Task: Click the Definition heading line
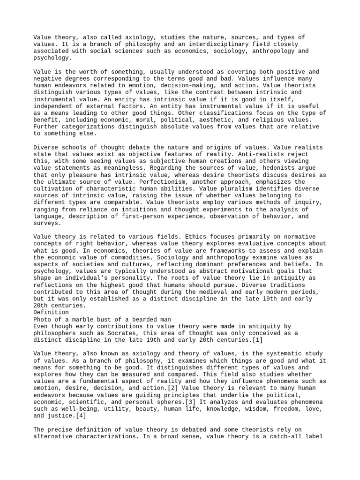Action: point(51,311)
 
